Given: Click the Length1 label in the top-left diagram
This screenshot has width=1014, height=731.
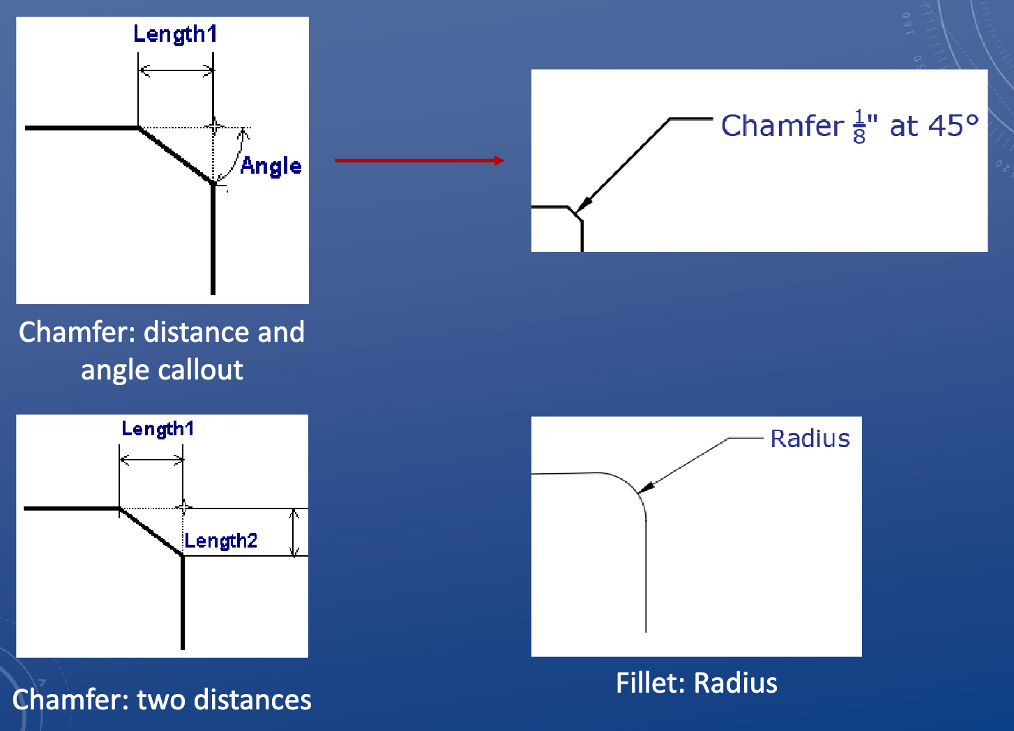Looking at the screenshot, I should click(x=175, y=33).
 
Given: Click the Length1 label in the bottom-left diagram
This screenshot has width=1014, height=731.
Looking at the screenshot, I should click(x=158, y=428).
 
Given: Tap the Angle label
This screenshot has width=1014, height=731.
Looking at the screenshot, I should click(x=271, y=166).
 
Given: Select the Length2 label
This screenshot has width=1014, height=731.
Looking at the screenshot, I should click(x=220, y=541).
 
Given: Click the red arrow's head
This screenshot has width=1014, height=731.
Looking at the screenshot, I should click(x=498, y=160).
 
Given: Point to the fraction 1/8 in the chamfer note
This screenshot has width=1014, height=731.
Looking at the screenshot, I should click(x=859, y=126).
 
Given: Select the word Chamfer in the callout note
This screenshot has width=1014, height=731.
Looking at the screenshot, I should click(x=782, y=126).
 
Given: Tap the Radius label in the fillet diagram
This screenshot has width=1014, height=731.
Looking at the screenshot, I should click(x=810, y=439).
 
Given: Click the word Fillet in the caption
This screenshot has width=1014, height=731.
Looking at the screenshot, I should click(x=646, y=684).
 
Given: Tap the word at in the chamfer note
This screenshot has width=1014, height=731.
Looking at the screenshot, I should click(x=903, y=126).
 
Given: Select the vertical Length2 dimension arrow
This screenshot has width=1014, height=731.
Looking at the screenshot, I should click(x=294, y=532).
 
